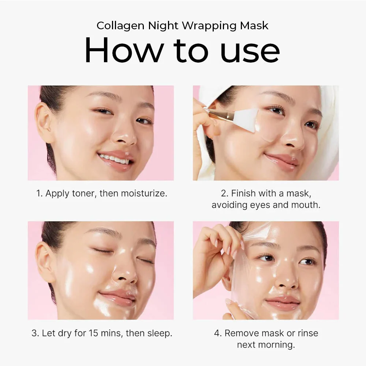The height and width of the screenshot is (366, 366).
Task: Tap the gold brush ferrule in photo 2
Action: point(220,114)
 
